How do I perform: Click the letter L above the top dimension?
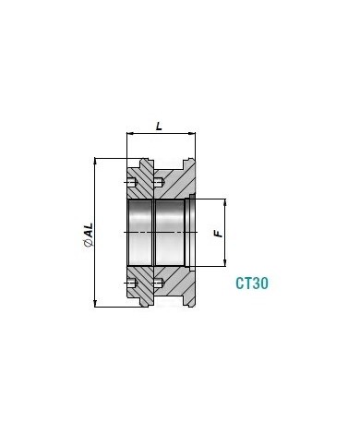159,126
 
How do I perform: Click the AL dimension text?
89,230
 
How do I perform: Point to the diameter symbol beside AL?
89,243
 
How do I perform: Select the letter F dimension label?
218,234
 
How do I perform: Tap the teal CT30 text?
252,284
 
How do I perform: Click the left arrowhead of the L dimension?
130,134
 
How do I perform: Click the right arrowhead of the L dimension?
192,134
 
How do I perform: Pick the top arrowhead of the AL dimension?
96,162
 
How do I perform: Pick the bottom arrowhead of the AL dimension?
96,304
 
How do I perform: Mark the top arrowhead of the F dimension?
225,202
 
